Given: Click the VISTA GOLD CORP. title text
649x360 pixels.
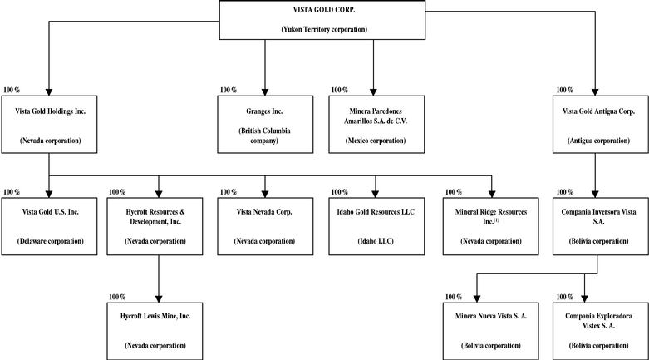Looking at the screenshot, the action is (324, 10).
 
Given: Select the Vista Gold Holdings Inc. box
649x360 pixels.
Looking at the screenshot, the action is (49, 125).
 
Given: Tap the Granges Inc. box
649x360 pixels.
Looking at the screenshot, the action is (265, 125).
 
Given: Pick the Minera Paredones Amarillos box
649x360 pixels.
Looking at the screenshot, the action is (376, 125).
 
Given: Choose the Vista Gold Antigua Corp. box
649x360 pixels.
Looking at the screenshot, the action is (601, 125).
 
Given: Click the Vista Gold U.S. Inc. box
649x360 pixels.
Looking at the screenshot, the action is (49, 226).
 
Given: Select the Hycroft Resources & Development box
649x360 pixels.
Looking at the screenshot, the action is (155, 226).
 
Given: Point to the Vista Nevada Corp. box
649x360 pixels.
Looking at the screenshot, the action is (265, 226).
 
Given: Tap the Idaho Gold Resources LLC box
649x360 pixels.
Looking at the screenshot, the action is (376, 226).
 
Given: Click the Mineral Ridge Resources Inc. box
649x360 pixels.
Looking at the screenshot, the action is (491, 226).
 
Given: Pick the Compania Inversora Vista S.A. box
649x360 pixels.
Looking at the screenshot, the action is (601, 226).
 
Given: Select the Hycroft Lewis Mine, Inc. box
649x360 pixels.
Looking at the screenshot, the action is (155, 332).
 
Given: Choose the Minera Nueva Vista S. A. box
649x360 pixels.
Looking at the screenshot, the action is (491, 332).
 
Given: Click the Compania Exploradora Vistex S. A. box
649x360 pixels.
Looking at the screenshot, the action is (601, 332).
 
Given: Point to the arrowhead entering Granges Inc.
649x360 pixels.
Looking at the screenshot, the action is (265, 92).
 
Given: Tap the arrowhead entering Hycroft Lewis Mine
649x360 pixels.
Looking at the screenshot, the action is (159, 298).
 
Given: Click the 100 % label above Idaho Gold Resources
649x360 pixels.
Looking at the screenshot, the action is (339, 192).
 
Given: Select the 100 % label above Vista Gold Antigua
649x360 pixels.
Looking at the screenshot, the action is (564, 90).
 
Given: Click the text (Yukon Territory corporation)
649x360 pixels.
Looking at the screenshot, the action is (324, 29).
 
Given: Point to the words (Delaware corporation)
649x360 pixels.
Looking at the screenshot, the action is (51, 241).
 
